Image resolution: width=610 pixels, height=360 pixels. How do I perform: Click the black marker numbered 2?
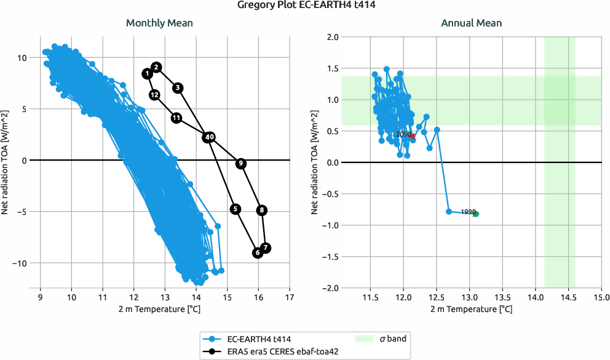coord(156,67)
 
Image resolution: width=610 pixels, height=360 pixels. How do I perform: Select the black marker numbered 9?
coord(240,163)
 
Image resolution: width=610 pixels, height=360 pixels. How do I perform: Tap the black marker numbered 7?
coord(266,248)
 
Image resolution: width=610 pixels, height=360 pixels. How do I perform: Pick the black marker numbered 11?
coord(176,118)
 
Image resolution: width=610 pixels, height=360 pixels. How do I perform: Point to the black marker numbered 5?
coord(236,209)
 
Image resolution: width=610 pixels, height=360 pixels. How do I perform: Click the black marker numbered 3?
coord(177,88)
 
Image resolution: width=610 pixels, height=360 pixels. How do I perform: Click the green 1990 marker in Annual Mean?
coord(475,214)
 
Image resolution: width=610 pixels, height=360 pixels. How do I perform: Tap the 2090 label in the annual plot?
coord(403,134)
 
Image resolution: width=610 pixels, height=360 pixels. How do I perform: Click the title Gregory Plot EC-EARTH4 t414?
coord(305,6)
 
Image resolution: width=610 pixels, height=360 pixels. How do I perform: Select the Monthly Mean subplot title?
coord(159,23)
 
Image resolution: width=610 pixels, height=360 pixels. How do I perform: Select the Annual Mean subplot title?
coord(471,23)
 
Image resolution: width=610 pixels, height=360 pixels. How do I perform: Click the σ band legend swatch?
coord(365,338)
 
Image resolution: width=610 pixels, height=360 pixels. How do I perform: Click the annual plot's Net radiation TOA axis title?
coord(315,162)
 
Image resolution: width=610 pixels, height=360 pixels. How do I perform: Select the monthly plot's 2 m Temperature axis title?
coord(159,309)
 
